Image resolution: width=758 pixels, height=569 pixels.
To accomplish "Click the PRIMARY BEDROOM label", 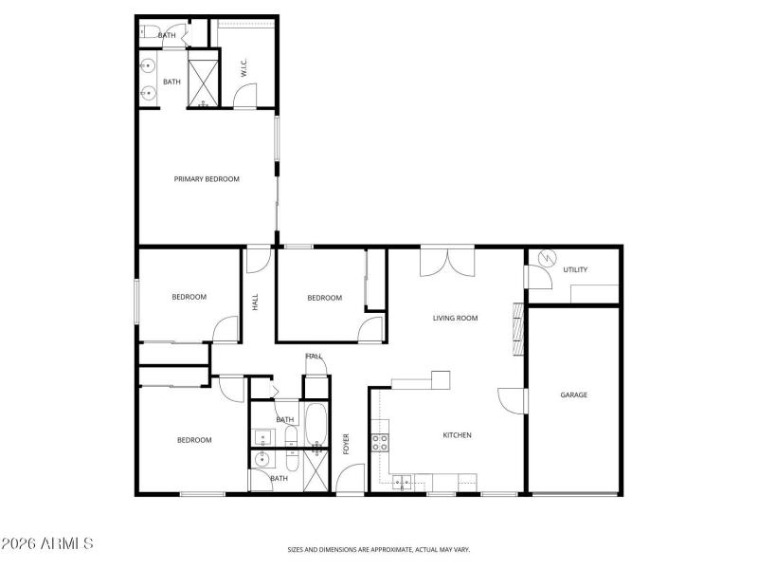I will pyautogui.click(x=207, y=178).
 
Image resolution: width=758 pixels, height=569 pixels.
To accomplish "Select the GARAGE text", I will pyautogui.click(x=574, y=395).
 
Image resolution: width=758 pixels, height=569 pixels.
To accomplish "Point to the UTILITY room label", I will pyautogui.click(x=575, y=269).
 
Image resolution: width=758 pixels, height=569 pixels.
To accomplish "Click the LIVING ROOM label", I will pyautogui.click(x=455, y=319).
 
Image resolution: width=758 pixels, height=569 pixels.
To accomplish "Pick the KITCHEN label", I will pyautogui.click(x=457, y=435).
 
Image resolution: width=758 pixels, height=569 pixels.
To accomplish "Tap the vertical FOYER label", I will pyautogui.click(x=347, y=443).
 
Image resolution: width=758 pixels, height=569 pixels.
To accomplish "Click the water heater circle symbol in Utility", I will pyautogui.click(x=546, y=257).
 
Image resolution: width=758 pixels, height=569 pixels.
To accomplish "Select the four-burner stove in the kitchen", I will pyautogui.click(x=379, y=441).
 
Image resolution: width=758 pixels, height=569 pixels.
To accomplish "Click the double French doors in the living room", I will pyautogui.click(x=446, y=261).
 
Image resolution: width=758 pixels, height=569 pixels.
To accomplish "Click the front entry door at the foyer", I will pyautogui.click(x=351, y=479).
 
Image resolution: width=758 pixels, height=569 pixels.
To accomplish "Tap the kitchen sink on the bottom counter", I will pyautogui.click(x=404, y=483).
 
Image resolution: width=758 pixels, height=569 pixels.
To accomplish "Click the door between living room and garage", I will pyautogui.click(x=513, y=399).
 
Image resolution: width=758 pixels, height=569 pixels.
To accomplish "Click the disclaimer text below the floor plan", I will pyautogui.click(x=379, y=549).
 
